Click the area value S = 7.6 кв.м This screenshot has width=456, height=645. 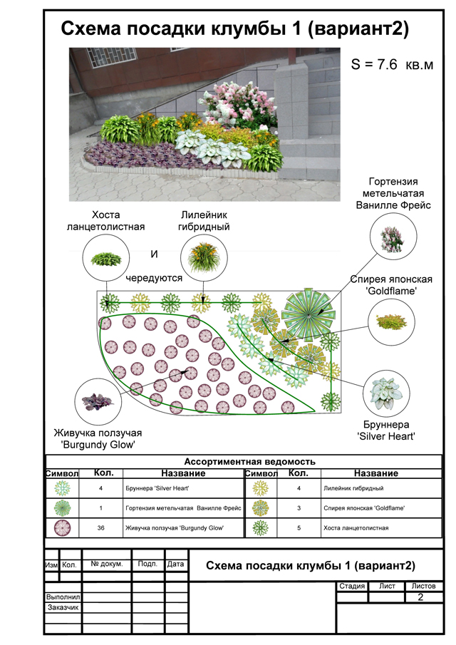(393, 65)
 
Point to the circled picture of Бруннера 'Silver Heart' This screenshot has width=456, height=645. (385, 391)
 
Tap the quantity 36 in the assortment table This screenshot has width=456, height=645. (105, 527)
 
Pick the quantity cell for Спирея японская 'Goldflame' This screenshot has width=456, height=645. (299, 507)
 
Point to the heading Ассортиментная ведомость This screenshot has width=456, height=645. (249, 461)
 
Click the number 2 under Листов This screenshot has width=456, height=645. (420, 597)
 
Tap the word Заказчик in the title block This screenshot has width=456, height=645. (63, 608)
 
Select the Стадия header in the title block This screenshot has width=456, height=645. (352, 586)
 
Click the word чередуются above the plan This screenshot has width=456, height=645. (155, 278)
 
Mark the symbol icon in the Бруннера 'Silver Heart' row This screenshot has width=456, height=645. (63, 488)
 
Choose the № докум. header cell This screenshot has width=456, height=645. (107, 564)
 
